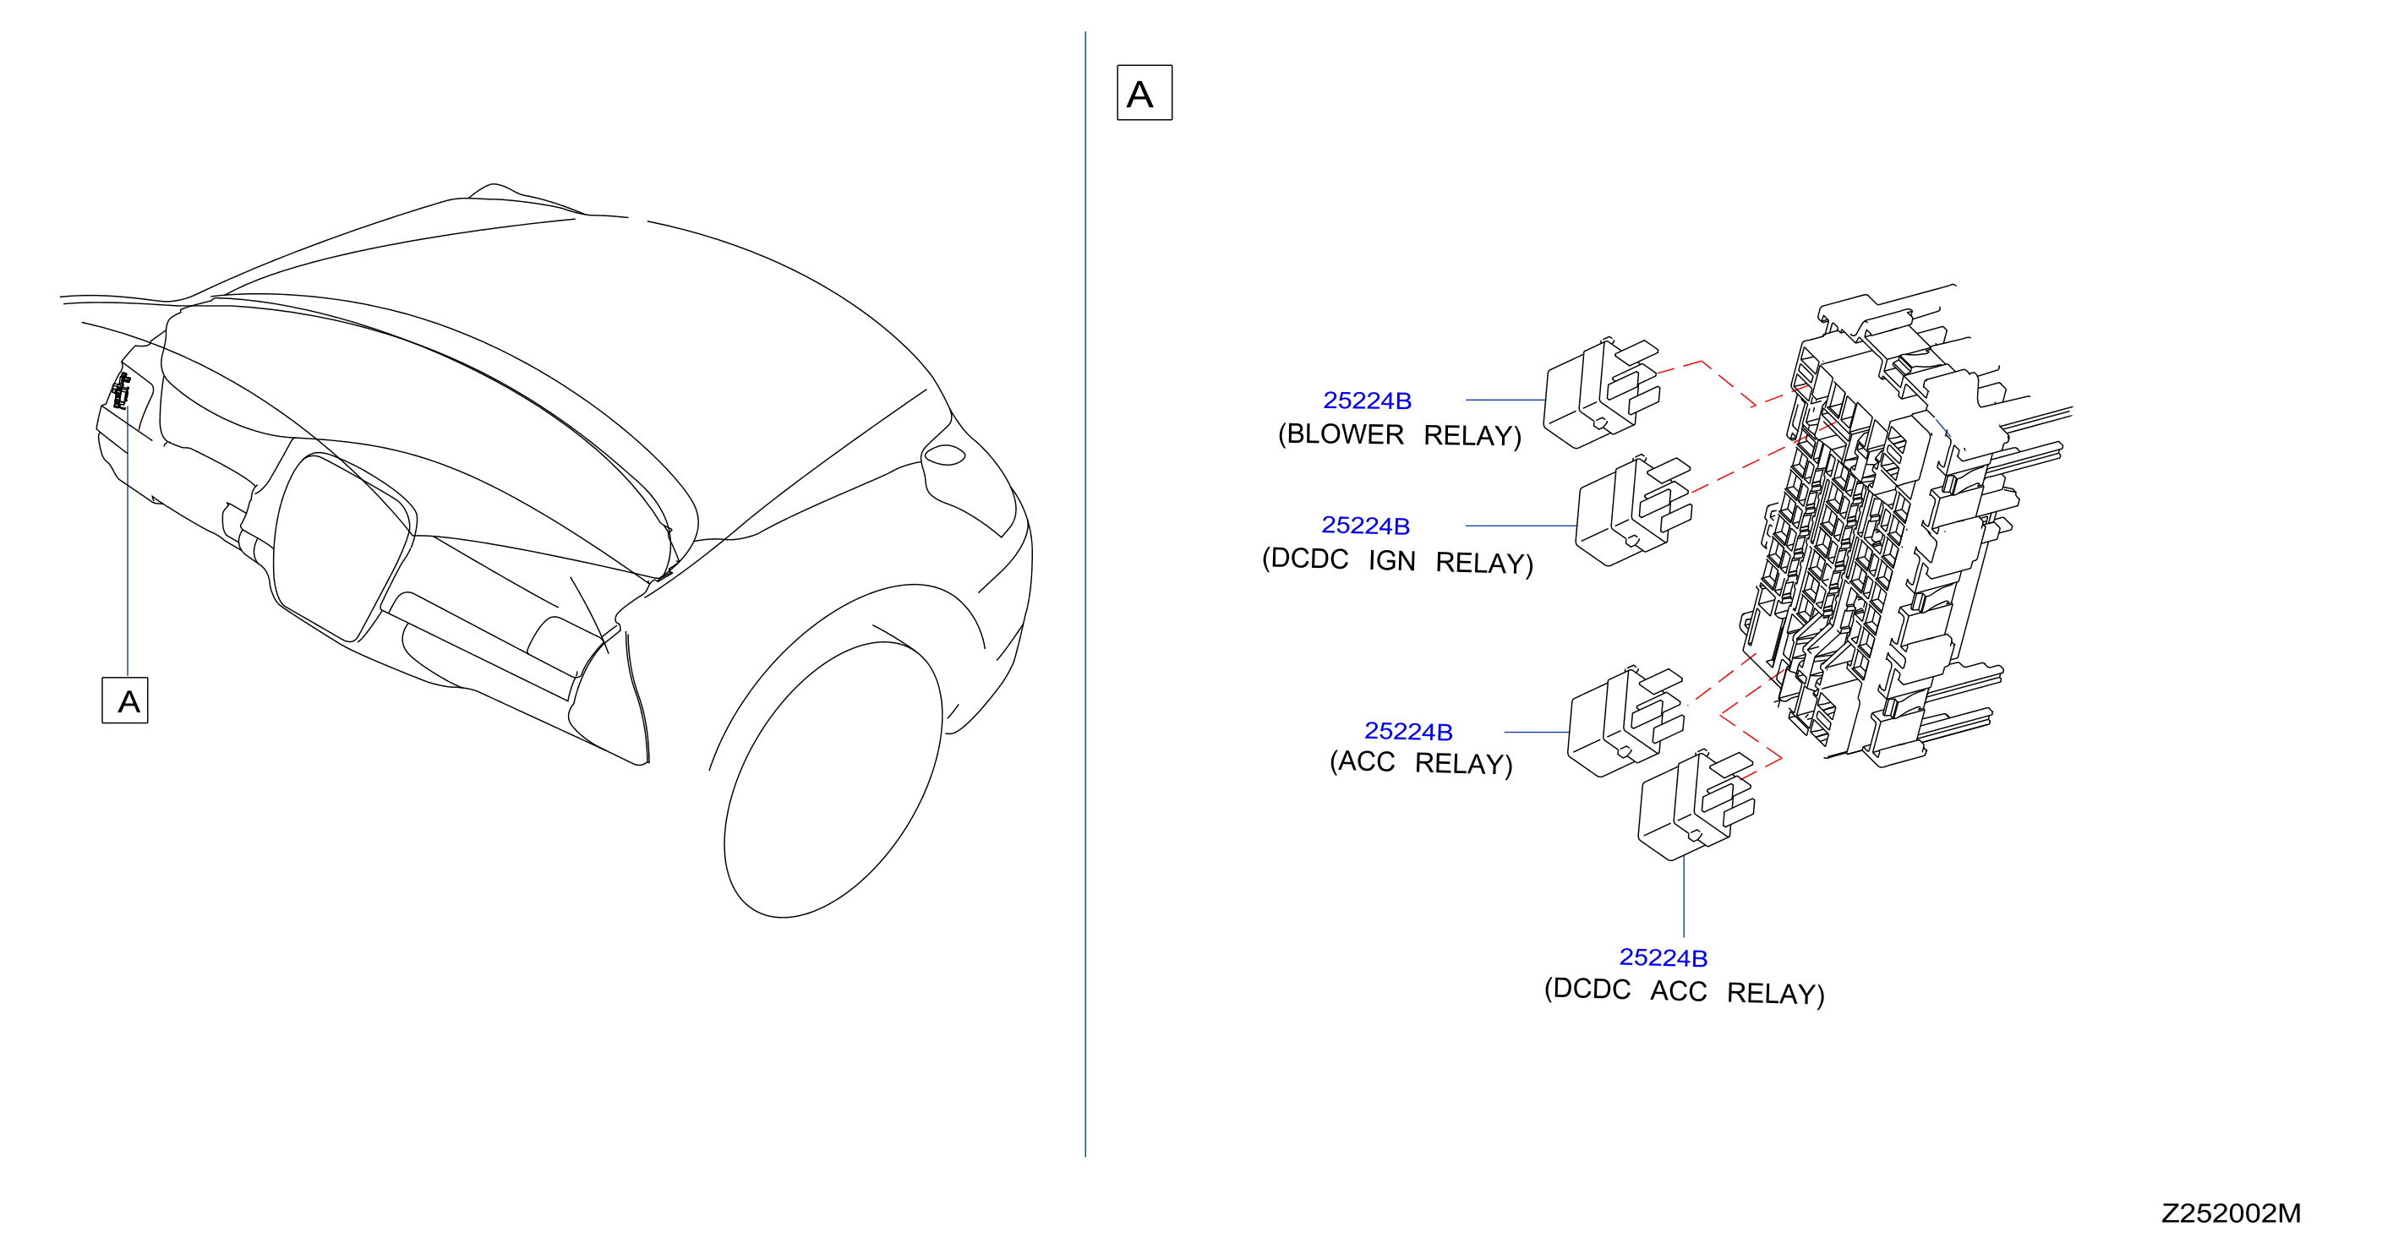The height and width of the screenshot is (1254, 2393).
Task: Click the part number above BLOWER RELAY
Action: click(1367, 401)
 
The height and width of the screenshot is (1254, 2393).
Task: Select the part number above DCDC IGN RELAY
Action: click(1364, 526)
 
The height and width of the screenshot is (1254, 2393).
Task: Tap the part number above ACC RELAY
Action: click(1407, 732)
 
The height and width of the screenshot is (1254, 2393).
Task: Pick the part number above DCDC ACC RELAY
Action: click(1663, 957)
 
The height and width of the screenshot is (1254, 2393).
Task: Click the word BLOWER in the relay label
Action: click(1345, 434)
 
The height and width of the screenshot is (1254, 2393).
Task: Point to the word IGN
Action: click(1391, 561)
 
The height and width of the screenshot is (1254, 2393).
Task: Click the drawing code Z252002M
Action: click(2231, 1213)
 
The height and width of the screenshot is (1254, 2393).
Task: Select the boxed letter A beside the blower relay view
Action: click(1145, 93)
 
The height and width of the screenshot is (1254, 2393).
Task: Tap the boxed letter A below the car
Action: click(124, 701)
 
